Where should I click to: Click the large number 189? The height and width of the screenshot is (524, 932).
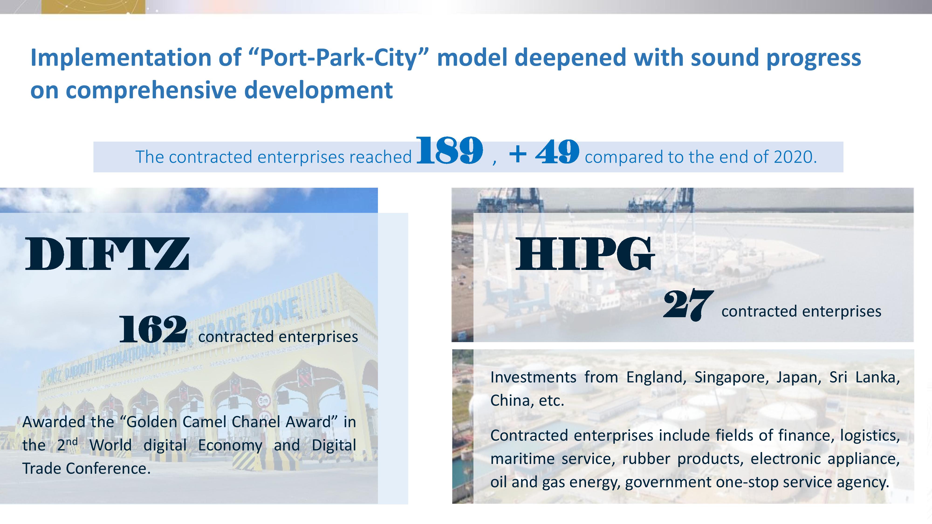pos(450,150)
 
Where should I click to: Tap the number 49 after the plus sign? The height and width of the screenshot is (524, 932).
pos(557,152)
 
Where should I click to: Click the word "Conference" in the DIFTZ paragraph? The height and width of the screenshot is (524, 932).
pos(108,469)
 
